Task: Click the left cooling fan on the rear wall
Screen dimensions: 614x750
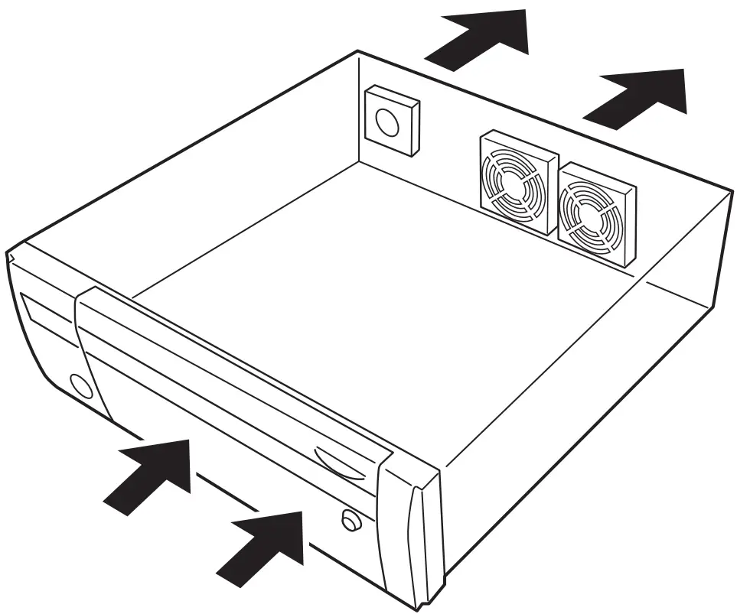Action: click(517, 184)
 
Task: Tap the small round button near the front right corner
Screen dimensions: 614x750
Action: click(351, 521)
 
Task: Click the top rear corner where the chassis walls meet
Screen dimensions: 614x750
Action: click(359, 52)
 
